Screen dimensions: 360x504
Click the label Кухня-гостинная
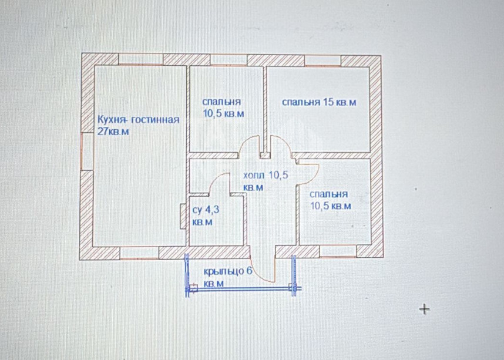click(138, 120)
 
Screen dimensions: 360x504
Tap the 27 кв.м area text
click(113, 132)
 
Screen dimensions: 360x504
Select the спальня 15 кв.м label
click(318, 102)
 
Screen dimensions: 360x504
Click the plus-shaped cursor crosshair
click(424, 309)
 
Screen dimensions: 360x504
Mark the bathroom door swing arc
click(220, 182)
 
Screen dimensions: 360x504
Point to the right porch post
click(294, 287)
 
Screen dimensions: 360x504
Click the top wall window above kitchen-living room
click(140, 59)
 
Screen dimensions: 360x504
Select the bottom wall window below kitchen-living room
click(139, 253)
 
